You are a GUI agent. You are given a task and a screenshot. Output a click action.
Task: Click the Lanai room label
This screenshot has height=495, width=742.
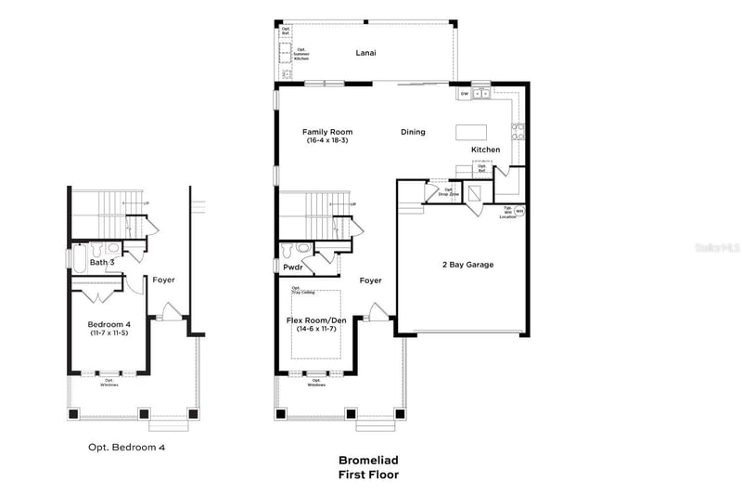(x=365, y=53)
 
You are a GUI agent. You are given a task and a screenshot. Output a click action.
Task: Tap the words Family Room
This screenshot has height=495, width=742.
(x=327, y=132)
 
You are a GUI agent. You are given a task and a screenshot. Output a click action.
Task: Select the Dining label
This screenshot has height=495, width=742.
(x=413, y=132)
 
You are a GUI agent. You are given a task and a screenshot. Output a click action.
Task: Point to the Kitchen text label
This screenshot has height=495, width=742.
(x=485, y=150)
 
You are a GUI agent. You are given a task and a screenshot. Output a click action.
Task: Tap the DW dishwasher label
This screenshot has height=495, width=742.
(x=464, y=94)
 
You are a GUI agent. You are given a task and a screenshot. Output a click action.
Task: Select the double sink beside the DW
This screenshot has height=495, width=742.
(x=482, y=94)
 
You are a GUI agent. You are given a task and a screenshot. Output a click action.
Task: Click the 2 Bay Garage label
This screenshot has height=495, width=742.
(x=467, y=265)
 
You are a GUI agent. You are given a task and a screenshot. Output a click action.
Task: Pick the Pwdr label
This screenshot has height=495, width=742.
(x=294, y=267)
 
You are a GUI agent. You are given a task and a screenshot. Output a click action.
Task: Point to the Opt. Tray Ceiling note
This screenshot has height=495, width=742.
(x=303, y=291)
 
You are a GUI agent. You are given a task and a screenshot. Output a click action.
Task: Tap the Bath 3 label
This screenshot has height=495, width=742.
(x=102, y=263)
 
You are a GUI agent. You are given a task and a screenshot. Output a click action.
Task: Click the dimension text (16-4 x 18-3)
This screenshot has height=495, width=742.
(x=327, y=140)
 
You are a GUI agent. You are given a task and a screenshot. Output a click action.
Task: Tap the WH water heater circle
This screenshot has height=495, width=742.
(x=519, y=211)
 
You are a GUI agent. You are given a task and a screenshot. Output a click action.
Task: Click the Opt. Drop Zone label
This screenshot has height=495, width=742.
(x=448, y=191)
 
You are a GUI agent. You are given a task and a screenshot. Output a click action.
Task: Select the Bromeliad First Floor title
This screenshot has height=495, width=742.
(x=367, y=467)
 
